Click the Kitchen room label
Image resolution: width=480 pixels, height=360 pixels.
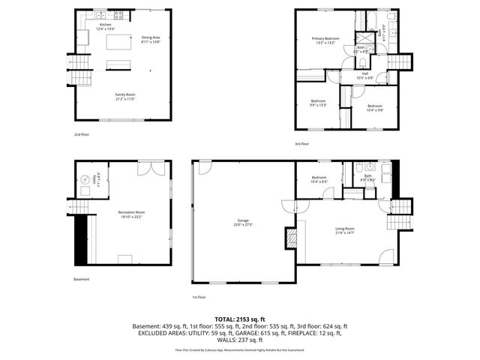[105, 25]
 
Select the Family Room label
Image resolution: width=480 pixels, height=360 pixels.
[124, 95]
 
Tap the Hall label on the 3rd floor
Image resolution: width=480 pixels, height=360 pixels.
[364, 73]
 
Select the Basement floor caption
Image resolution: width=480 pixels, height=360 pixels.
[82, 279]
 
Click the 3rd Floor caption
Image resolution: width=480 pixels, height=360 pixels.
[301, 142]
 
